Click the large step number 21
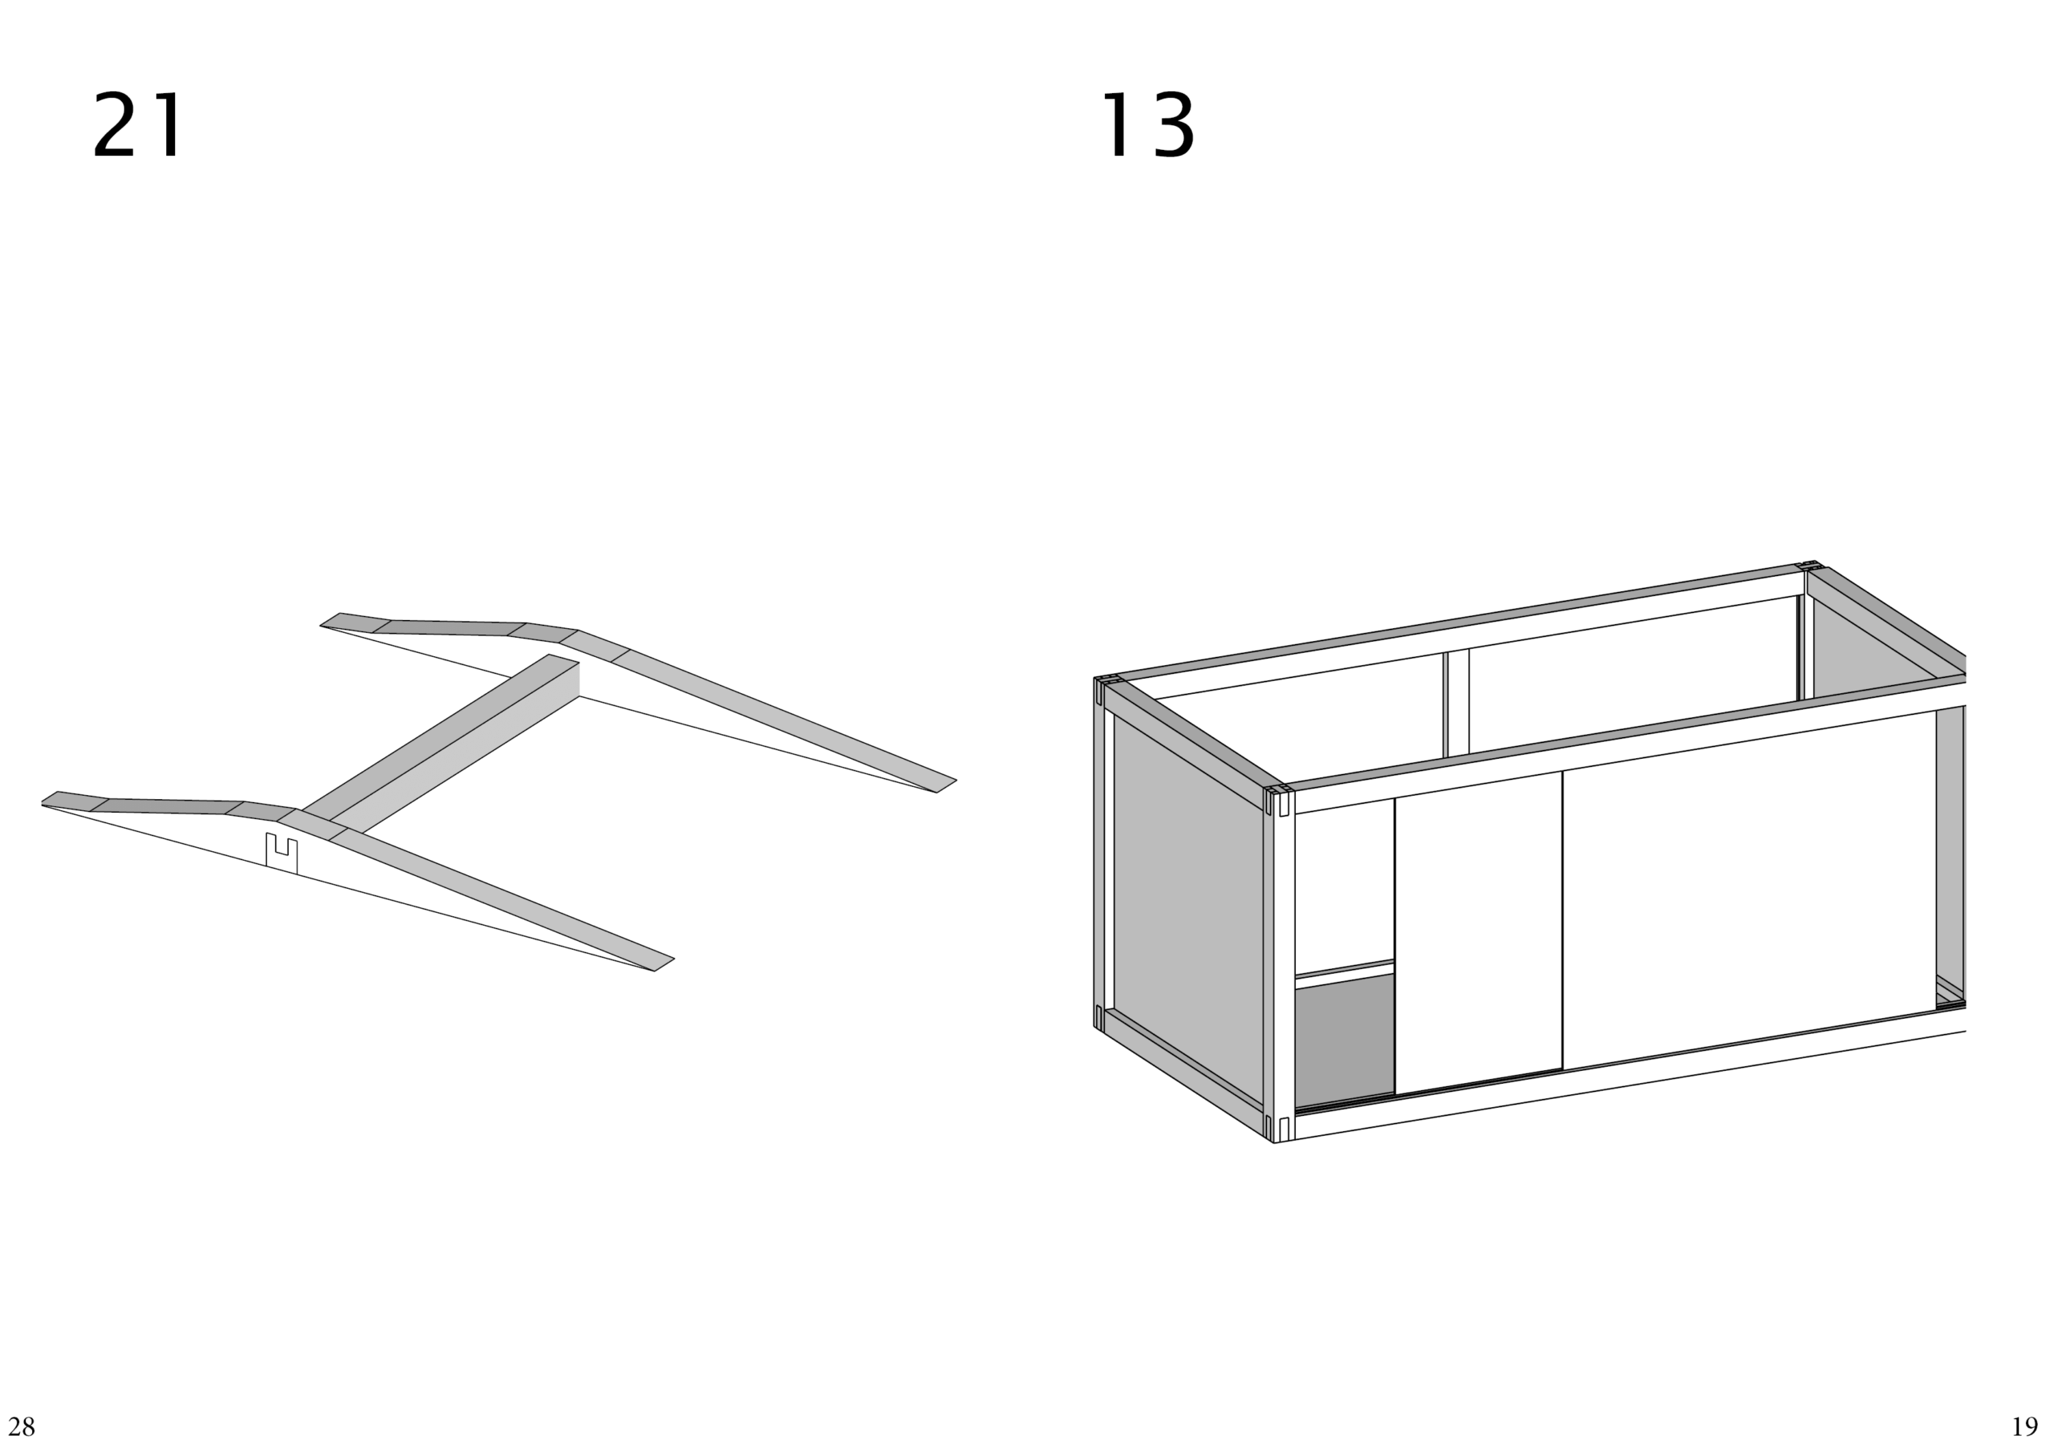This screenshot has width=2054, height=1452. coord(139,125)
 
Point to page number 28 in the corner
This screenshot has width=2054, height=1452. coord(22,1426)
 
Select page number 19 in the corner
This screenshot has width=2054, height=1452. coord(2024,1426)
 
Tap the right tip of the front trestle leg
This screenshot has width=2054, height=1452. coord(663,964)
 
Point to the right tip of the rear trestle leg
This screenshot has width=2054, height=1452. coord(947,785)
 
